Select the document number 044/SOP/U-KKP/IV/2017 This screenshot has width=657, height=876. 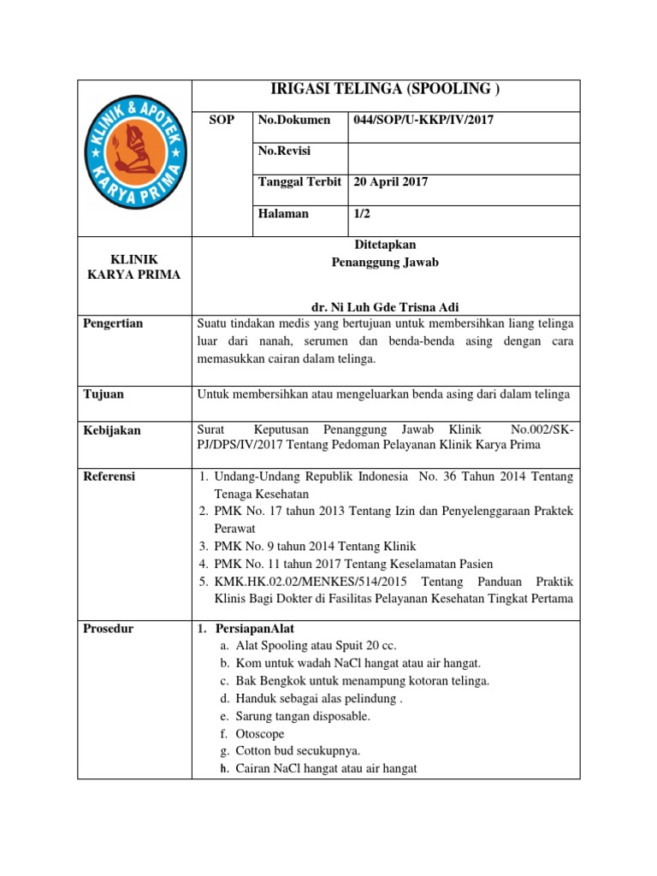click(423, 121)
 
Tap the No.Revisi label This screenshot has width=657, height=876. click(284, 151)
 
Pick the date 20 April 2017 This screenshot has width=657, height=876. click(390, 182)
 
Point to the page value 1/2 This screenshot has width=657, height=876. click(361, 214)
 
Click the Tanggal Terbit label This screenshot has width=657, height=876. click(299, 182)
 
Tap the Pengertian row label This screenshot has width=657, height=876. click(113, 323)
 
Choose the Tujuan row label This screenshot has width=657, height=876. click(104, 394)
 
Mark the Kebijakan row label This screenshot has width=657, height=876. click(112, 430)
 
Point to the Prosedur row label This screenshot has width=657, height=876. click(109, 629)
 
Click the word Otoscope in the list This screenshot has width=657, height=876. click(260, 734)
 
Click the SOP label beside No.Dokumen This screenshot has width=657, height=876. click(222, 121)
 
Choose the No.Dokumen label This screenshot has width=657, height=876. click(293, 121)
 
